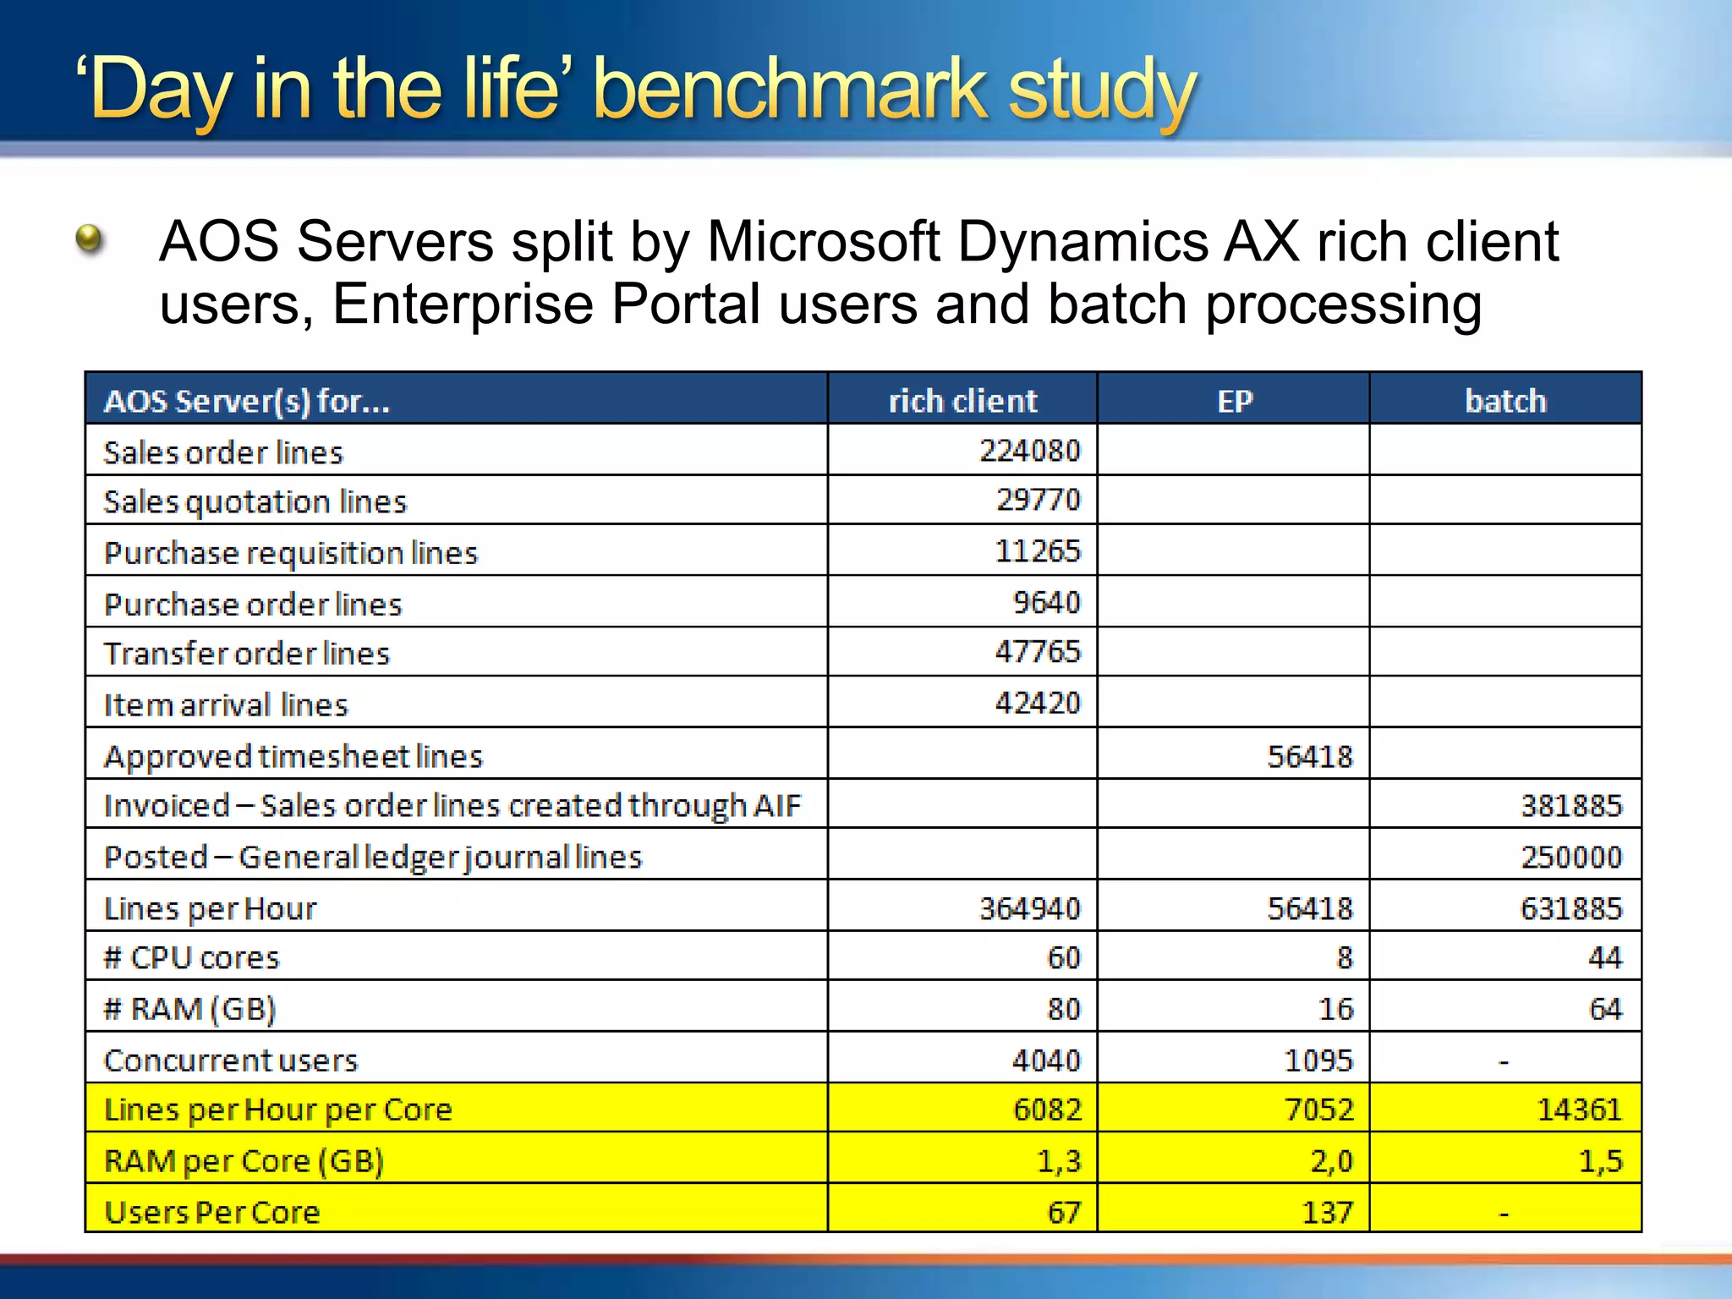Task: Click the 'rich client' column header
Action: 962,401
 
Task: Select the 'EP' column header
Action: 1234,401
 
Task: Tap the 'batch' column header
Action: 1505,401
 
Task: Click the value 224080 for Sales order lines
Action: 1029,451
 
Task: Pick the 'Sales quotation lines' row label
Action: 255,502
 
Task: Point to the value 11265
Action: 1037,551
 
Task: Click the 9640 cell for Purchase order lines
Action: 1046,603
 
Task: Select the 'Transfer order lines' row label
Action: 246,654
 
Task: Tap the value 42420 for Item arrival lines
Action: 1037,704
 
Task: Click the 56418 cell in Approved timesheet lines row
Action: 1309,756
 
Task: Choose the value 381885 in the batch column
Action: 1571,806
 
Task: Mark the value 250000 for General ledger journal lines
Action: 1571,858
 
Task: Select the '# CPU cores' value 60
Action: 1063,958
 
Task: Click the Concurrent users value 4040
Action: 1046,1061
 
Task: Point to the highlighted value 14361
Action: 1579,1110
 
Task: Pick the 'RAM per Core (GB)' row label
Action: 244,1161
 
